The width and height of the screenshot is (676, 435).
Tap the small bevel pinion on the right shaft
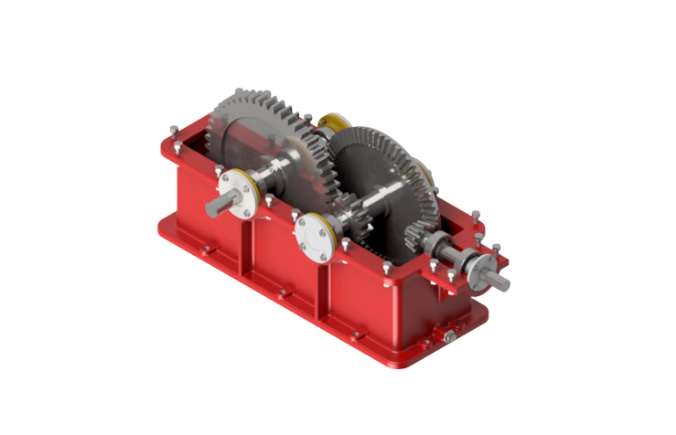pos(419,240)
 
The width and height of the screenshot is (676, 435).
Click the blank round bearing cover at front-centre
pos(317,237)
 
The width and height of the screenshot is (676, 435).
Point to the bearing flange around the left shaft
pos(241,195)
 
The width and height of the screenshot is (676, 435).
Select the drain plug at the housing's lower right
pos(449,338)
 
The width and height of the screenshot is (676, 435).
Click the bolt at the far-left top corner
pos(173,128)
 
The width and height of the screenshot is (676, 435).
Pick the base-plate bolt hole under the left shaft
pos(207,248)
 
